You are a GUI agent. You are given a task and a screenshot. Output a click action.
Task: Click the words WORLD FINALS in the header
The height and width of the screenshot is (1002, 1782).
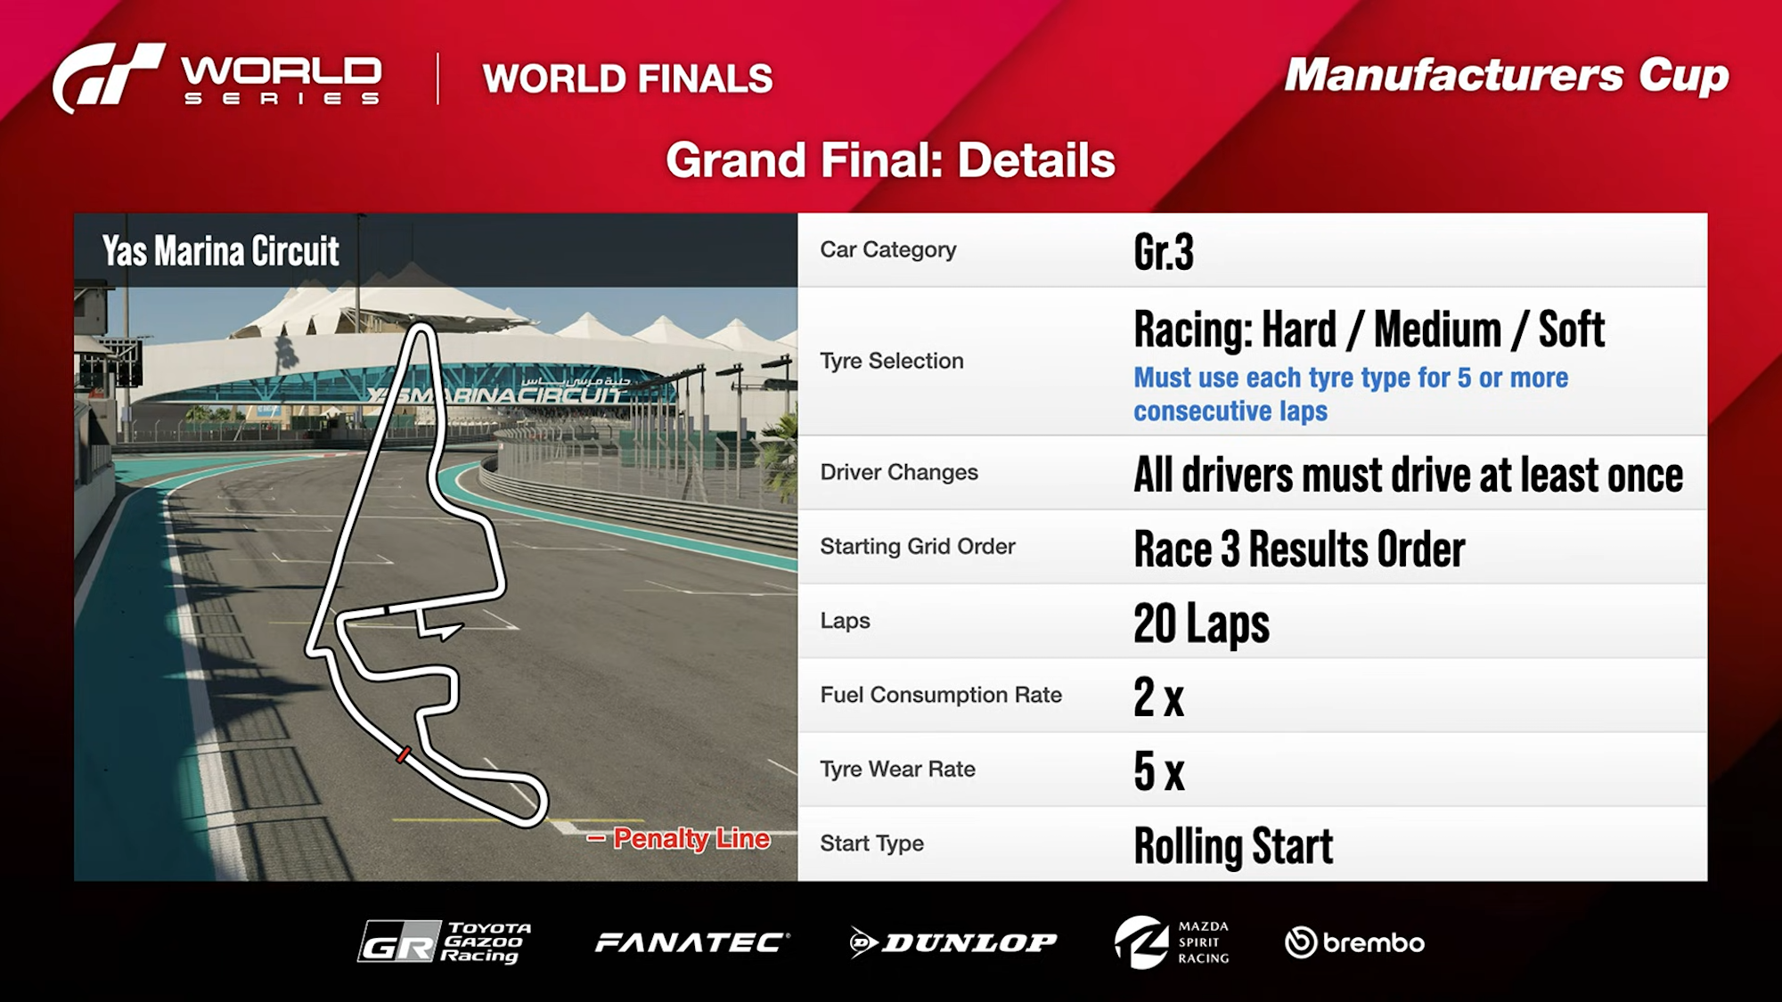click(627, 78)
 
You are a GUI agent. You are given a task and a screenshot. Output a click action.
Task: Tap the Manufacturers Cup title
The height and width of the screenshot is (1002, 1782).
click(1506, 76)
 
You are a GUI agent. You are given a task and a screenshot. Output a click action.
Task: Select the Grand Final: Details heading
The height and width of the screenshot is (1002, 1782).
click(890, 160)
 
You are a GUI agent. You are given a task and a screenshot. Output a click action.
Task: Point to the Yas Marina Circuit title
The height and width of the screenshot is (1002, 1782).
click(220, 251)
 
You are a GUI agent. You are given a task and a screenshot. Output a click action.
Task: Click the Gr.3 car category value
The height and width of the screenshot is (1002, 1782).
click(1164, 252)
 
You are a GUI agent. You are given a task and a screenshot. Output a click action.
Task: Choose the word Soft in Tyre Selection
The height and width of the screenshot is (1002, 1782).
click(1571, 330)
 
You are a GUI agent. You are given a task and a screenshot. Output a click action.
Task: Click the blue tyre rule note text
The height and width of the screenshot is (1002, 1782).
click(1351, 394)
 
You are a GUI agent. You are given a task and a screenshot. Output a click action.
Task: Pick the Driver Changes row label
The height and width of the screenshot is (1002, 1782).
click(899, 472)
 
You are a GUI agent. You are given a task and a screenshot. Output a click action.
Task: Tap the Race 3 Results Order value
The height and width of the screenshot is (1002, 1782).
click(1299, 549)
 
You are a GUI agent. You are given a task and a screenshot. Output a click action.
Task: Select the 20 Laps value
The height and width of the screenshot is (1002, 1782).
click(1201, 623)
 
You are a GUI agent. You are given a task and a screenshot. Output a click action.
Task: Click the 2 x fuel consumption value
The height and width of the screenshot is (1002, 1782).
click(1158, 697)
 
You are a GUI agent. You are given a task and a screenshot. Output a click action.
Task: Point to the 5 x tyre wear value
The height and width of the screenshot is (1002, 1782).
click(1158, 771)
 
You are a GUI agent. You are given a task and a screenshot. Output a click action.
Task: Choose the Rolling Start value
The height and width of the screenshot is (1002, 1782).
click(1233, 846)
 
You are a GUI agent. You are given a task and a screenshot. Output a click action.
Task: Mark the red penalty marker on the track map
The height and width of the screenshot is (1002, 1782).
click(404, 754)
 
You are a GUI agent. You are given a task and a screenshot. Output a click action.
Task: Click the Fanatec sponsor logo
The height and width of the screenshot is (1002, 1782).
click(692, 942)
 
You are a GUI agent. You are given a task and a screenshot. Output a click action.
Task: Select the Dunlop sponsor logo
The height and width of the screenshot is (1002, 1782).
click(953, 942)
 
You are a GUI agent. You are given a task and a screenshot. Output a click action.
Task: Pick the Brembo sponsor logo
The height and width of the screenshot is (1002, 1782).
click(1354, 942)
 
